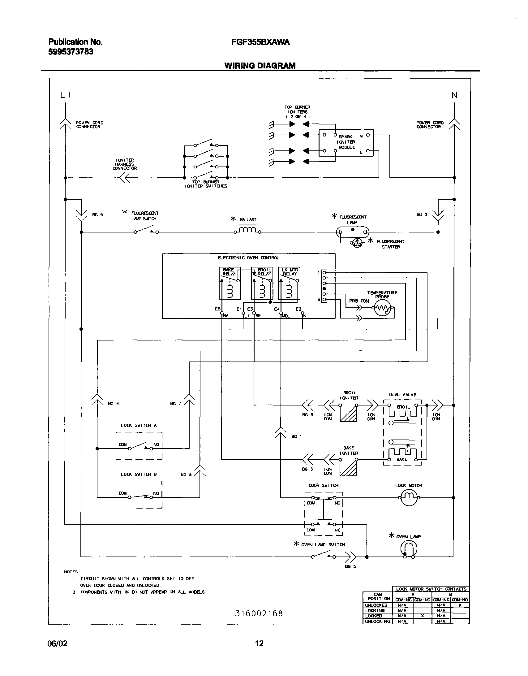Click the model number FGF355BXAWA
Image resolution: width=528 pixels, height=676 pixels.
click(260, 42)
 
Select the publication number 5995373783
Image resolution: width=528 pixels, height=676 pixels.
click(71, 52)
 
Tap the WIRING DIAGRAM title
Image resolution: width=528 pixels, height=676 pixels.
click(260, 66)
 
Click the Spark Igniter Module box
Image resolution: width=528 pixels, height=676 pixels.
click(346, 143)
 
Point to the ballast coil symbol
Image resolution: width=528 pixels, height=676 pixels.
click(247, 230)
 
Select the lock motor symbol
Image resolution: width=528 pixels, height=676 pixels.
click(409, 497)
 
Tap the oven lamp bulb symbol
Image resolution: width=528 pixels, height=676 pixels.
click(409, 550)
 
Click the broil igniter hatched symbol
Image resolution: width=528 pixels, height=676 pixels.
click(348, 414)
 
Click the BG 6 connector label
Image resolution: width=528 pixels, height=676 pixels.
click(97, 215)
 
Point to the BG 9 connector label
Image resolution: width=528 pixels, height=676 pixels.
click(307, 415)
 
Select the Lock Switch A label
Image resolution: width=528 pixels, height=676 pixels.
click(139, 426)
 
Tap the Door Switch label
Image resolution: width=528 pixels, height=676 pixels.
click(324, 485)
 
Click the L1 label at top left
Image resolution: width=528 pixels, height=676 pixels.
click(66, 95)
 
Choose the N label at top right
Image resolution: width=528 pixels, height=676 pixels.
click(454, 95)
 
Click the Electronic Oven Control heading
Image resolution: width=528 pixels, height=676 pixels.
click(248, 258)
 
